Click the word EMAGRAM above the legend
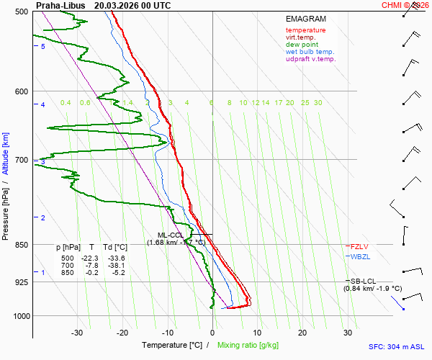point(305,19)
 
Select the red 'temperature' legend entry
point(305,30)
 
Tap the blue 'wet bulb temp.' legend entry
point(310,52)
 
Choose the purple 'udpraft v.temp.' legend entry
point(310,59)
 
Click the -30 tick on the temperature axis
point(77,333)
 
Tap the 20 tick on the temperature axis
point(302,333)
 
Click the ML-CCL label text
point(171,235)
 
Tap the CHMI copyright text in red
point(406,5)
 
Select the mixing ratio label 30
point(318,103)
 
